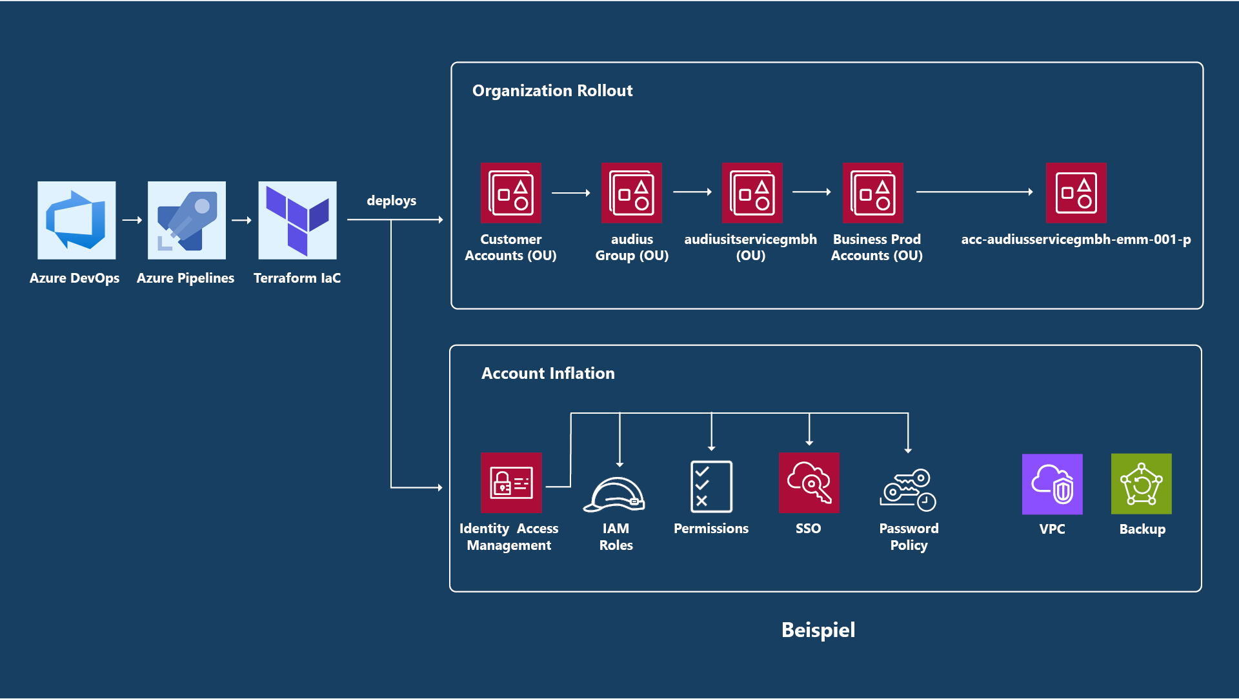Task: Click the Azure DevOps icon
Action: (x=76, y=220)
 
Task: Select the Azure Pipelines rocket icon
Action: (x=186, y=220)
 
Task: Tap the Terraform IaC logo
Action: (x=297, y=220)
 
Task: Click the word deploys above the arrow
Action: (x=391, y=201)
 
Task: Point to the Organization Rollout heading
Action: (x=552, y=91)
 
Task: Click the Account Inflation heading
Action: (x=547, y=374)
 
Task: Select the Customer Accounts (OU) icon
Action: (x=510, y=193)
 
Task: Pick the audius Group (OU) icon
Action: (x=631, y=193)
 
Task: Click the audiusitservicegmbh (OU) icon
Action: (x=752, y=193)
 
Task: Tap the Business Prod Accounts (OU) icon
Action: (x=872, y=193)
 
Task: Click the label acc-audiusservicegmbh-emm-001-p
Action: (x=1076, y=239)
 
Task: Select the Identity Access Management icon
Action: (x=510, y=483)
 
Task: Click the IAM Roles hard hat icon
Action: (x=614, y=495)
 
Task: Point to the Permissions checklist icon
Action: (x=710, y=486)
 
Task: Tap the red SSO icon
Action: (x=809, y=483)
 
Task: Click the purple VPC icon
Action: (x=1052, y=484)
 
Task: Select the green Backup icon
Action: (x=1141, y=484)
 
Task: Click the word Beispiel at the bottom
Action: (x=818, y=630)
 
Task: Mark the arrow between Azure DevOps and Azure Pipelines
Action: (x=132, y=220)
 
